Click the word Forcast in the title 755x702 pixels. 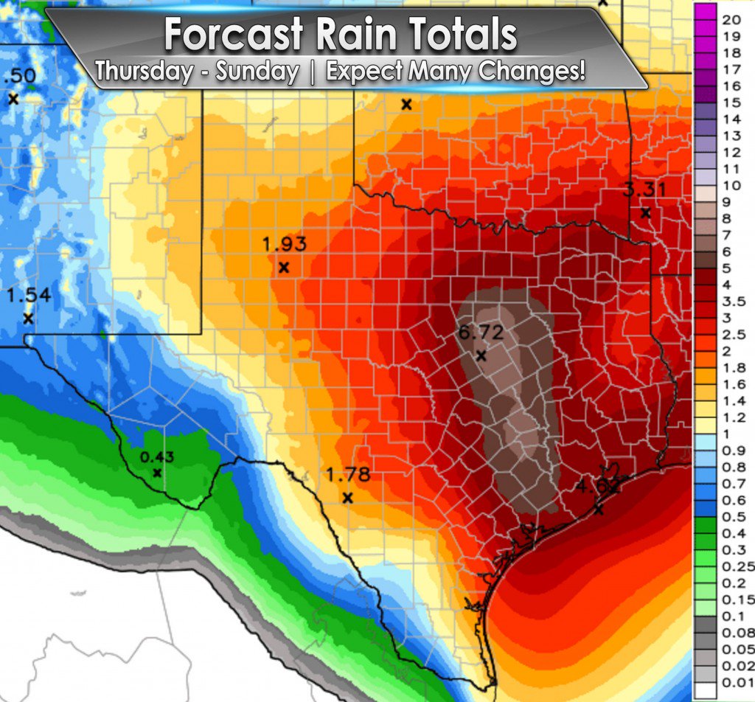tap(234, 34)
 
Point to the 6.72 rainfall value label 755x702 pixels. tap(481, 333)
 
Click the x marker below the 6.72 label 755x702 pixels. tap(481, 355)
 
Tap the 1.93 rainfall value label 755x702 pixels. tap(284, 244)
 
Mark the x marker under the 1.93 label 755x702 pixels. tap(284, 267)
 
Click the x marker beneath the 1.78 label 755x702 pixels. tap(348, 498)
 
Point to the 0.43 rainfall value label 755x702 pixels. tap(157, 457)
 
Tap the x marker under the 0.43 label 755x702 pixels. tap(157, 473)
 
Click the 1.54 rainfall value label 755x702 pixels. tap(28, 296)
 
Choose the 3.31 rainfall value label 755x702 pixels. tap(644, 190)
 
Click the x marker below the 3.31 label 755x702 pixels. tap(645, 213)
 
